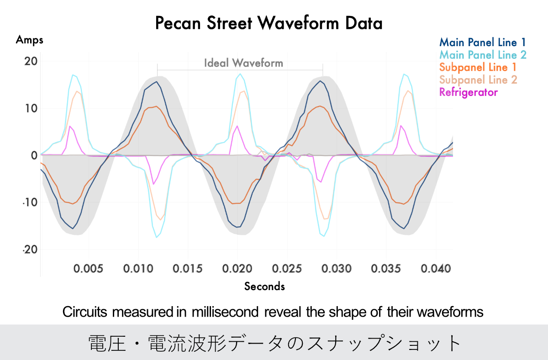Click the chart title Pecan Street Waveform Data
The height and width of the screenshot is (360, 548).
269,22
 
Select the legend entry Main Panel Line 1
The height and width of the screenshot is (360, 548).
482,43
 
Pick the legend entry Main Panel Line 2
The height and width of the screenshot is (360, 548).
482,55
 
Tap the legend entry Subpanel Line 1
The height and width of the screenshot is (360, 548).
478,68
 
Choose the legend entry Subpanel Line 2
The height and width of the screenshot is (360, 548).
478,80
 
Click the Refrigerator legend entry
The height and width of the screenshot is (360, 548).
468,92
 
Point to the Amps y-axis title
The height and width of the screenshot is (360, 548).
30,40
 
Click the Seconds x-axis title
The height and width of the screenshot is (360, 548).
264,286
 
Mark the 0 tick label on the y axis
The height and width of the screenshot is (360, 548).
34,155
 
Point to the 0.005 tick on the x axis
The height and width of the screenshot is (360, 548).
89,268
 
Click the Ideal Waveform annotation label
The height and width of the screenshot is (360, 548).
243,63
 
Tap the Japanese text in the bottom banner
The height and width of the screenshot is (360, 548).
274,343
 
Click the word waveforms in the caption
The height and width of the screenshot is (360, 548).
450,312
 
